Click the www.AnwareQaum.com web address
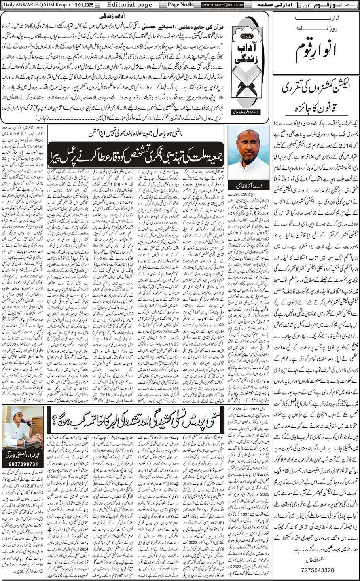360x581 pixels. point(222,5)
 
